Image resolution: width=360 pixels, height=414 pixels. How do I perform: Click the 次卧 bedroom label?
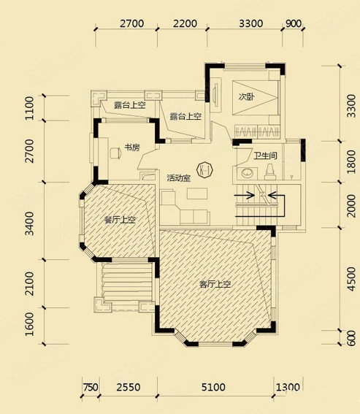(246, 97)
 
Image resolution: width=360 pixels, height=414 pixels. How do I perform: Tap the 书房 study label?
(132, 147)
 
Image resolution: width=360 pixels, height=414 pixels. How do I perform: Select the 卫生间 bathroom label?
(266, 156)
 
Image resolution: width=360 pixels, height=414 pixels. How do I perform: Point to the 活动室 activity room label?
(179, 178)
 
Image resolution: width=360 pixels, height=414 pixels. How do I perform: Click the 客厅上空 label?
(215, 284)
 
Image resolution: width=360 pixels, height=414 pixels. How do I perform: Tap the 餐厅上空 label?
(120, 220)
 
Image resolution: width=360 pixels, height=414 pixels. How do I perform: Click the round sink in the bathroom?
(248, 174)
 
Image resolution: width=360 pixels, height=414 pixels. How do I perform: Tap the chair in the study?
(115, 153)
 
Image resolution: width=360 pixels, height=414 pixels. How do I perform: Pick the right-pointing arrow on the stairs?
(245, 196)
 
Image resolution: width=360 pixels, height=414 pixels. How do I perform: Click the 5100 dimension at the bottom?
(213, 387)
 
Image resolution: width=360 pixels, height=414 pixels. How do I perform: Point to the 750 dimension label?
(91, 387)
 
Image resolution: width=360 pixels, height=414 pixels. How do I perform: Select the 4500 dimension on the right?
(352, 279)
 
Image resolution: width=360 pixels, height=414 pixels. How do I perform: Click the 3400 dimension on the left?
(30, 223)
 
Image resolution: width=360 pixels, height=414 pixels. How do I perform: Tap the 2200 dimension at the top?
(185, 24)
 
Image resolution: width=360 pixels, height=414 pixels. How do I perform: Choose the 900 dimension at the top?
(294, 24)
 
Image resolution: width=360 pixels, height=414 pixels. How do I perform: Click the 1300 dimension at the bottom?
(288, 387)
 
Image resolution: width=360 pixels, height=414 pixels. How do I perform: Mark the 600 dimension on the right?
(352, 338)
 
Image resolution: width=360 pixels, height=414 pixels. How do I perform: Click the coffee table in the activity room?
(197, 193)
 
